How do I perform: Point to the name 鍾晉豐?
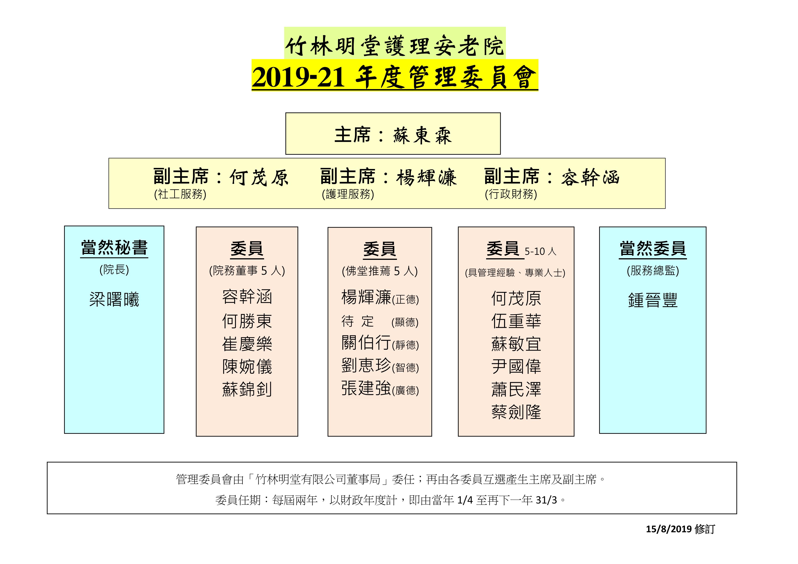tap(653, 300)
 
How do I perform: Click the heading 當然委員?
tap(653, 249)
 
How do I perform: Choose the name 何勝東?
tap(247, 321)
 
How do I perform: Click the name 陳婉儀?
tap(247, 367)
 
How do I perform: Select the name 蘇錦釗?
tap(247, 389)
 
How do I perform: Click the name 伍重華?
tap(516, 321)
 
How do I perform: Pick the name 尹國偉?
tap(516, 367)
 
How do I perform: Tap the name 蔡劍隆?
tap(516, 412)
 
